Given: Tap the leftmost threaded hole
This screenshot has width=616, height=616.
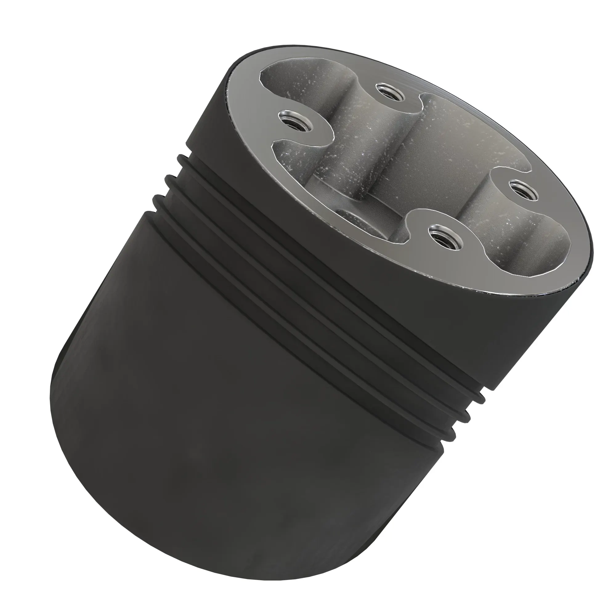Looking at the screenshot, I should coord(294,121).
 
